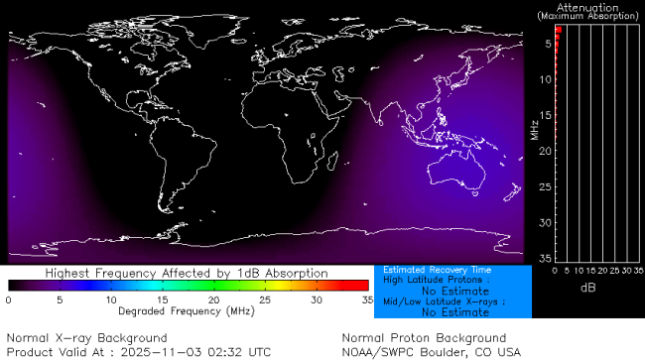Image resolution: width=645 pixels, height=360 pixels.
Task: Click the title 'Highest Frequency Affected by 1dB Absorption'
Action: pos(187,273)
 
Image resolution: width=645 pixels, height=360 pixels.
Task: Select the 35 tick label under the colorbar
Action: pos(366,299)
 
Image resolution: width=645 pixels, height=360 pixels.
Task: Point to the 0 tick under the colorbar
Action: pos(8,299)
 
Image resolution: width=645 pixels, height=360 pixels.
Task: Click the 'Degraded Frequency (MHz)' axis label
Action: pos(187,310)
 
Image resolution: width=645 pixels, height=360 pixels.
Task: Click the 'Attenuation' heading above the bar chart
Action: pos(588,7)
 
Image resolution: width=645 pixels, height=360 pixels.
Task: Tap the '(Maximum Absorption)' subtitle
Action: pos(588,17)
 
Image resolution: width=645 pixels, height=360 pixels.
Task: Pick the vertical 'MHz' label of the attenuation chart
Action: pos(533,129)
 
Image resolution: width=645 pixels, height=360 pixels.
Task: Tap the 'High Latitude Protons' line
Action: pos(436,281)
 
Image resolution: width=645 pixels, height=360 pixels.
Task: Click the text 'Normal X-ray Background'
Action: pos(87,338)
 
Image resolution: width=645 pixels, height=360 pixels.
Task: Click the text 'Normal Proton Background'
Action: pos(424,338)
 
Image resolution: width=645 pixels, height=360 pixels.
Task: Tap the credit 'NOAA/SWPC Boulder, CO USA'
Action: pos(431,351)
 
